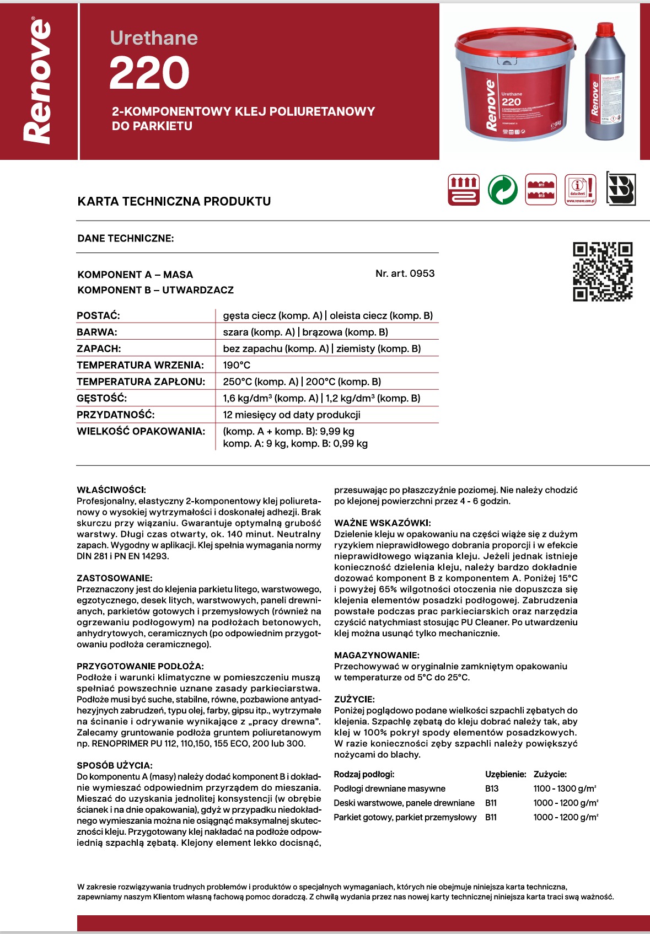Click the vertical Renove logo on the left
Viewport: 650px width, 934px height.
pos(38,82)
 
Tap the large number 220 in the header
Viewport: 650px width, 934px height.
pos(149,73)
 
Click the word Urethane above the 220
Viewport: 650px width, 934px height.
pos(154,37)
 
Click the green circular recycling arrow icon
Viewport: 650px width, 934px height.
pos(502,190)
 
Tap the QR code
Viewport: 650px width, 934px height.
pos(603,272)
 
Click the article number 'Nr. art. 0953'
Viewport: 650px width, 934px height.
pos(405,273)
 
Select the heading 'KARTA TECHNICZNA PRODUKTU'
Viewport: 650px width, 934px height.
pos(174,201)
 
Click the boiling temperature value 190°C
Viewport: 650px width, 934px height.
pos(237,365)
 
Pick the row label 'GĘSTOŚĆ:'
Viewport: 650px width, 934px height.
pos(102,398)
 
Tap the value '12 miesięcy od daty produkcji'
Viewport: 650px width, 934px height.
pos(292,415)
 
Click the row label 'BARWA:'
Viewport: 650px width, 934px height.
pos(97,332)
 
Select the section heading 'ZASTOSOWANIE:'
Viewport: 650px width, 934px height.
pos(114,578)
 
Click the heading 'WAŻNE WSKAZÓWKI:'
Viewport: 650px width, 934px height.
pos(382,523)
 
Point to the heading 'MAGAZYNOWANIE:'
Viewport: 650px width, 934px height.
pos(377,655)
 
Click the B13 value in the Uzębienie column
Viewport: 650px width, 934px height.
pos(492,788)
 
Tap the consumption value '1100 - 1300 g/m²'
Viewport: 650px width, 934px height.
pos(565,788)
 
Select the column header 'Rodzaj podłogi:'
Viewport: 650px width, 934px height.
pos(364,774)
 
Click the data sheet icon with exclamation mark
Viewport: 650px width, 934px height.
pos(581,190)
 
